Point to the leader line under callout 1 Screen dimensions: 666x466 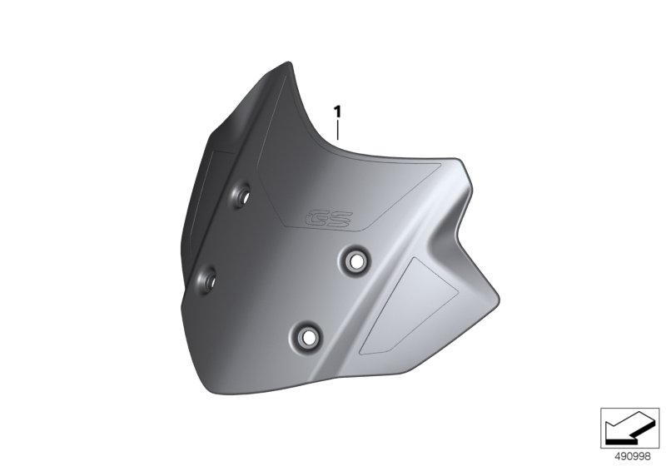[x=338, y=131]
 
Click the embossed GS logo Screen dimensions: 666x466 [x=329, y=219]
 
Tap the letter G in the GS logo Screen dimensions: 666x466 [x=316, y=219]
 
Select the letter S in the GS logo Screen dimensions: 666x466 [x=341, y=219]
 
